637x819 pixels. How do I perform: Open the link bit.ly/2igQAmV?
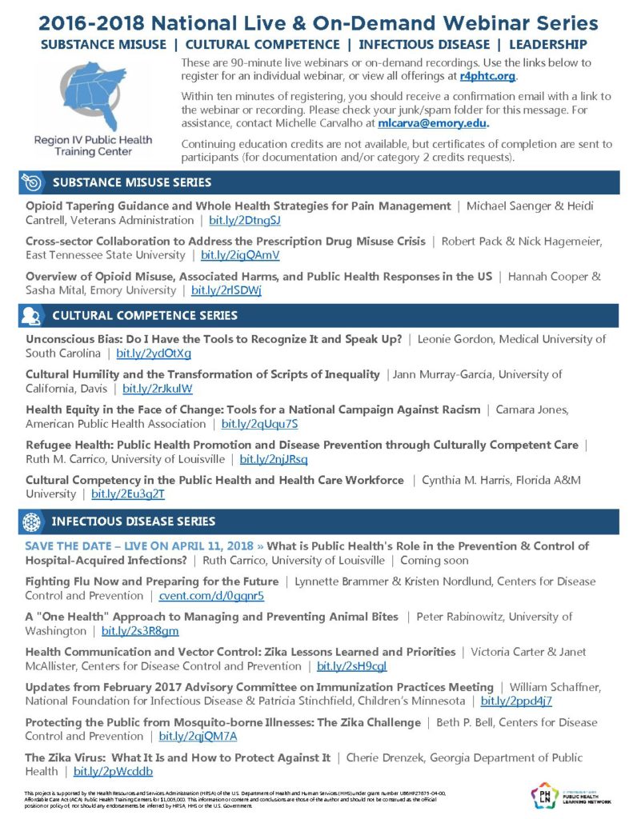240,255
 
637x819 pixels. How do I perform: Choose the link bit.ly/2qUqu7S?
259,423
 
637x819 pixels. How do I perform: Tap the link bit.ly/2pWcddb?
113,771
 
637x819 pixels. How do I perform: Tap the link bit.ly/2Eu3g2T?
128,493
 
